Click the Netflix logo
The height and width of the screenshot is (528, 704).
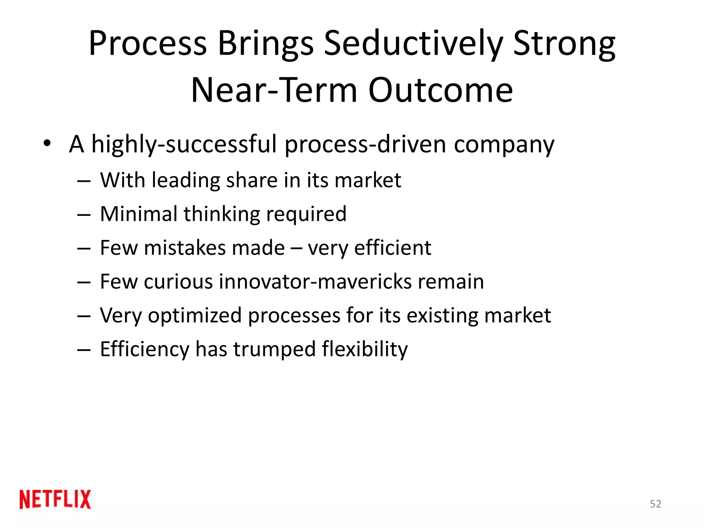(x=55, y=499)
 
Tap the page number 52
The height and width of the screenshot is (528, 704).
(x=655, y=504)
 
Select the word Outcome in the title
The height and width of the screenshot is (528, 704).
(x=440, y=90)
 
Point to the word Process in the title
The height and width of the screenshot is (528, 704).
(x=148, y=44)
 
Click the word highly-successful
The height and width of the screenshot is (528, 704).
(x=184, y=144)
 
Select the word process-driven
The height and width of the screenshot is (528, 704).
(x=365, y=144)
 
